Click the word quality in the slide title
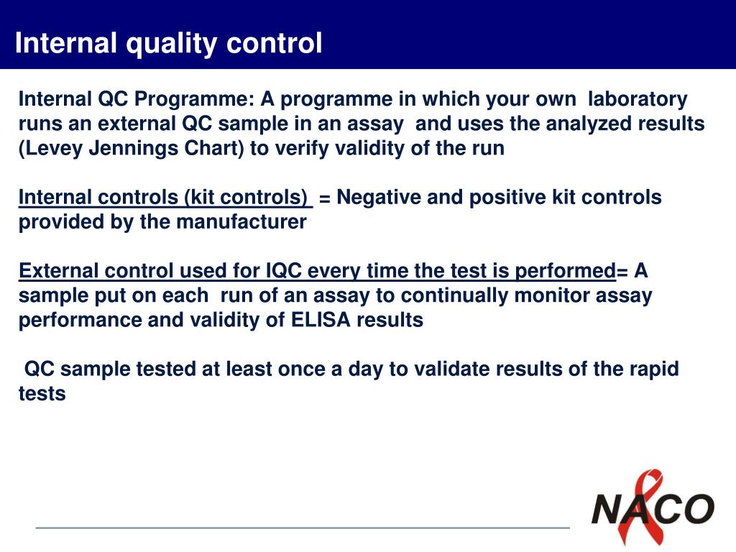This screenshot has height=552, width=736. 171,44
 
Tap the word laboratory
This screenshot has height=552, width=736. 638,99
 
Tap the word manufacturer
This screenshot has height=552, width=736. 241,222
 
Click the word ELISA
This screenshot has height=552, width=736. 321,320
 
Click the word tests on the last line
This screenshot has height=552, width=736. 42,394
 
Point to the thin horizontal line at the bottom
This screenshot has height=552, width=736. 303,528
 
